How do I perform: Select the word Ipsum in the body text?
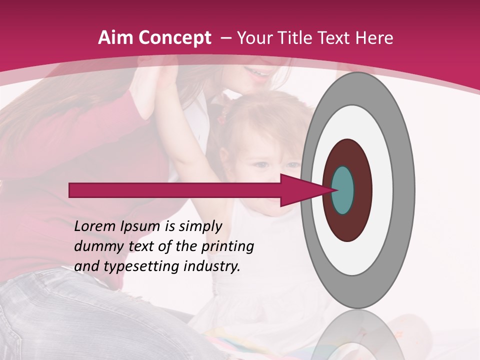141,227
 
